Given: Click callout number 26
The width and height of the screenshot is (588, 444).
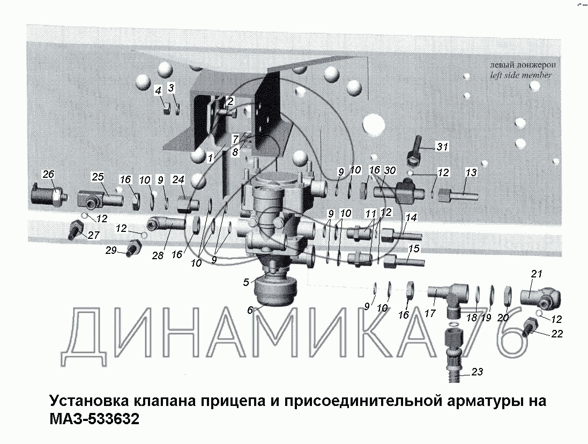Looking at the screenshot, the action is point(48,174).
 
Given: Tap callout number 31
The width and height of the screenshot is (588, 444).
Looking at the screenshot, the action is point(442,147).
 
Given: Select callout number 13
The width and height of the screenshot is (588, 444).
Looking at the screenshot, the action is point(471,172).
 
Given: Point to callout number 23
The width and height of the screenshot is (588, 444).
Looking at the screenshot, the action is point(477,372).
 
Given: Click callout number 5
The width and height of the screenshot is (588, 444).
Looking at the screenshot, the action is point(246,282).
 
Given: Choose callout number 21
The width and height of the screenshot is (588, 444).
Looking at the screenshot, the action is point(537,274).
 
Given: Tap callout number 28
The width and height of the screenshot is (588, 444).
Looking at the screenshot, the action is point(158,255).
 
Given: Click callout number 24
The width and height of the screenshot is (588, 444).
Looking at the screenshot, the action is point(178,179).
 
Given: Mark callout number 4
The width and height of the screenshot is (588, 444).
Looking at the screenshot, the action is point(158,91).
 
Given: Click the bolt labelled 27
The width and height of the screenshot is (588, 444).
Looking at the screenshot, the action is point(76,230).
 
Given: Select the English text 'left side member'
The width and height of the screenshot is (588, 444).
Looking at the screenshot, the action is point(521,75).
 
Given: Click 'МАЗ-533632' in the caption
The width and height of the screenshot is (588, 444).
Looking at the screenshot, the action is point(94,418).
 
